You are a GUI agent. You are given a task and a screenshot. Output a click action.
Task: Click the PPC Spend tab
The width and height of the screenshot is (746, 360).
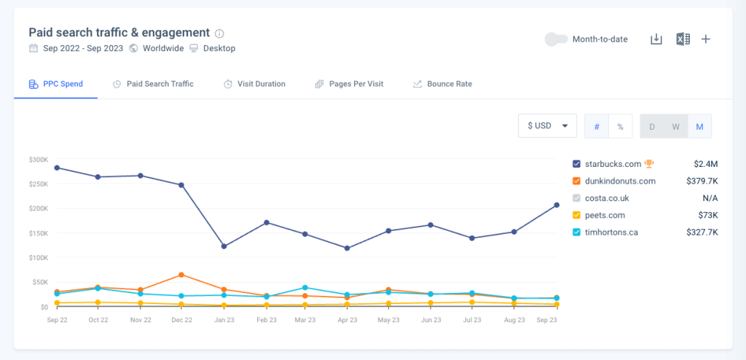(55, 84)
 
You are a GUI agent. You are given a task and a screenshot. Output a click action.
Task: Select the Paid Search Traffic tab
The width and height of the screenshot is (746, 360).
(154, 84)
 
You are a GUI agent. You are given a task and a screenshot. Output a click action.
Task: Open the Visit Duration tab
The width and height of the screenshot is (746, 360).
(254, 84)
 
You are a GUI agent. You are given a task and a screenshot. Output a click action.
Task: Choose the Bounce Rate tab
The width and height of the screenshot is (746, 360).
(442, 84)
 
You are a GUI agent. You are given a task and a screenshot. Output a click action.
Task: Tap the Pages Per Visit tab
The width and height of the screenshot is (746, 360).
(349, 84)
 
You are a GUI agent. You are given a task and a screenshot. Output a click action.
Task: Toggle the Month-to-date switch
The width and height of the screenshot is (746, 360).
(557, 39)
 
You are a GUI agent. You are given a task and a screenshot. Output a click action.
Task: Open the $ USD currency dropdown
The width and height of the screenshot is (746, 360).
(547, 126)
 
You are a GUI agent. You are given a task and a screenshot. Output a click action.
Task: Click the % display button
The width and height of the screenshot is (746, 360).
(620, 126)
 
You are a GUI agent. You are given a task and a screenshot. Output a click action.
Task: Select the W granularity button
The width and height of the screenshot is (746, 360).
(675, 126)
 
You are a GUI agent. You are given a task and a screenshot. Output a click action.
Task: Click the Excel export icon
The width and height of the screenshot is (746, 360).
(682, 39)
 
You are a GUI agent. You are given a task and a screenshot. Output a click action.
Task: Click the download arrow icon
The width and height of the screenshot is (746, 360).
(656, 39)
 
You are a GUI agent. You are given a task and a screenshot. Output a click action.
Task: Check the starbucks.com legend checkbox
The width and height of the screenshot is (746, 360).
(577, 164)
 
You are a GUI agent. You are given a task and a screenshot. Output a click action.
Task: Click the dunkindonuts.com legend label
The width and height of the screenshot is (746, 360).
(620, 181)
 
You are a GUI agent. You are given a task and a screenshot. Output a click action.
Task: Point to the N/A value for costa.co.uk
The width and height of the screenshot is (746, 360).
(710, 198)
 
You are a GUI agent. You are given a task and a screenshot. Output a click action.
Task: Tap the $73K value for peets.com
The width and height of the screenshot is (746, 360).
(707, 215)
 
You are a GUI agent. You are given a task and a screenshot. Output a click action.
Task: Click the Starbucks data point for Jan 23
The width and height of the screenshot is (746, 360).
(224, 246)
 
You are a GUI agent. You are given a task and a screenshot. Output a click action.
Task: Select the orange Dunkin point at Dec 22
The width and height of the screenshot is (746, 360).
(181, 275)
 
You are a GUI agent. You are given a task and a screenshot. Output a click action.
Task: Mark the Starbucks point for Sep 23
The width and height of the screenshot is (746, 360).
(557, 205)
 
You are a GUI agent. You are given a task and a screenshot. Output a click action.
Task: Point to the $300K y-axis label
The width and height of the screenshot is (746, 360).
(39, 160)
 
